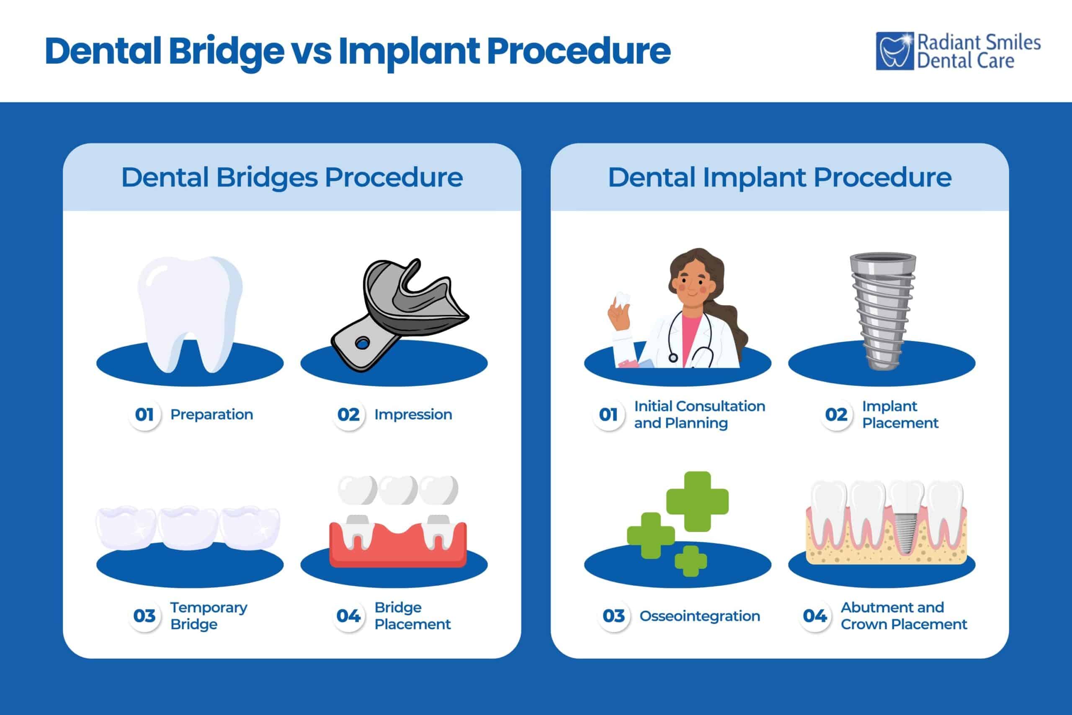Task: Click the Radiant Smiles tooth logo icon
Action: click(894, 51)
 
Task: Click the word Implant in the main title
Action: click(408, 51)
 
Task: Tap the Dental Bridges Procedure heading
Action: click(292, 177)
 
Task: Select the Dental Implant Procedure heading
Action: click(779, 177)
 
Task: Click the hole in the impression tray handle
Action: click(362, 343)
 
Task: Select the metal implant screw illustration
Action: click(883, 310)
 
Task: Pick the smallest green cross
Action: click(691, 561)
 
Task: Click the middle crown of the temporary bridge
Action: click(189, 528)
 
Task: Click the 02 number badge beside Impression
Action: click(349, 415)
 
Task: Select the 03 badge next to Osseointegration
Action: click(613, 616)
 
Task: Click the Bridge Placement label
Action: click(412, 616)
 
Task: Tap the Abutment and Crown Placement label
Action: click(903, 616)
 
